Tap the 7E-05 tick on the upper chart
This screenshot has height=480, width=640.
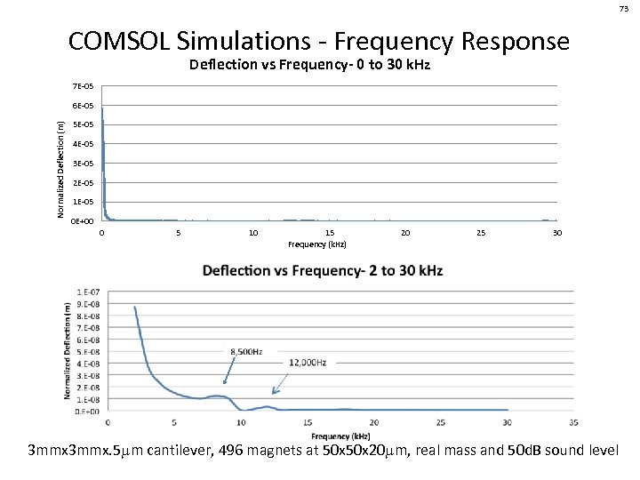83,86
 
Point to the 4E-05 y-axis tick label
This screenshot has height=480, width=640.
83,144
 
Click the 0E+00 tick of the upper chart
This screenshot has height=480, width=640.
82,221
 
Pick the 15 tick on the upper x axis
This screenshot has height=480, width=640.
330,233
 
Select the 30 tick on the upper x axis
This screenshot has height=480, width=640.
556,233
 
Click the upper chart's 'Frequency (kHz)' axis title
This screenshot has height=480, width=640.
317,244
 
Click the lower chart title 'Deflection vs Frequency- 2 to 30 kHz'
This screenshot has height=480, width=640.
323,270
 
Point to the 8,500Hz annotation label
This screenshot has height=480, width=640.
246,352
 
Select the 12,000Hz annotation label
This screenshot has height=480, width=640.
308,364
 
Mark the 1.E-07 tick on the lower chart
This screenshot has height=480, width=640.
88,292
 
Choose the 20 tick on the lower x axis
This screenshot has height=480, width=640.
373,422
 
